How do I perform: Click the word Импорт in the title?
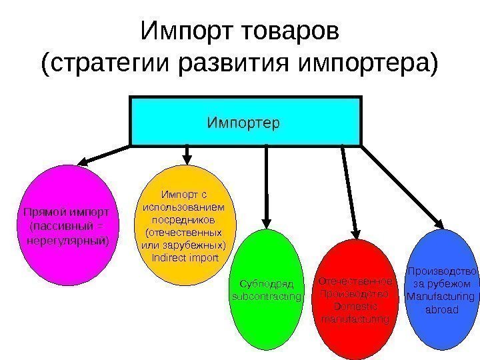(181, 31)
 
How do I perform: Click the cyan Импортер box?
(245, 121)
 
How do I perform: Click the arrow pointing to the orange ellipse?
(187, 155)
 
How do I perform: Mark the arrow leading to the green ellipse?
(267, 187)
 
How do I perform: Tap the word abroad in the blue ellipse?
(441, 310)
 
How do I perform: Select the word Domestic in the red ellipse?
(355, 307)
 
